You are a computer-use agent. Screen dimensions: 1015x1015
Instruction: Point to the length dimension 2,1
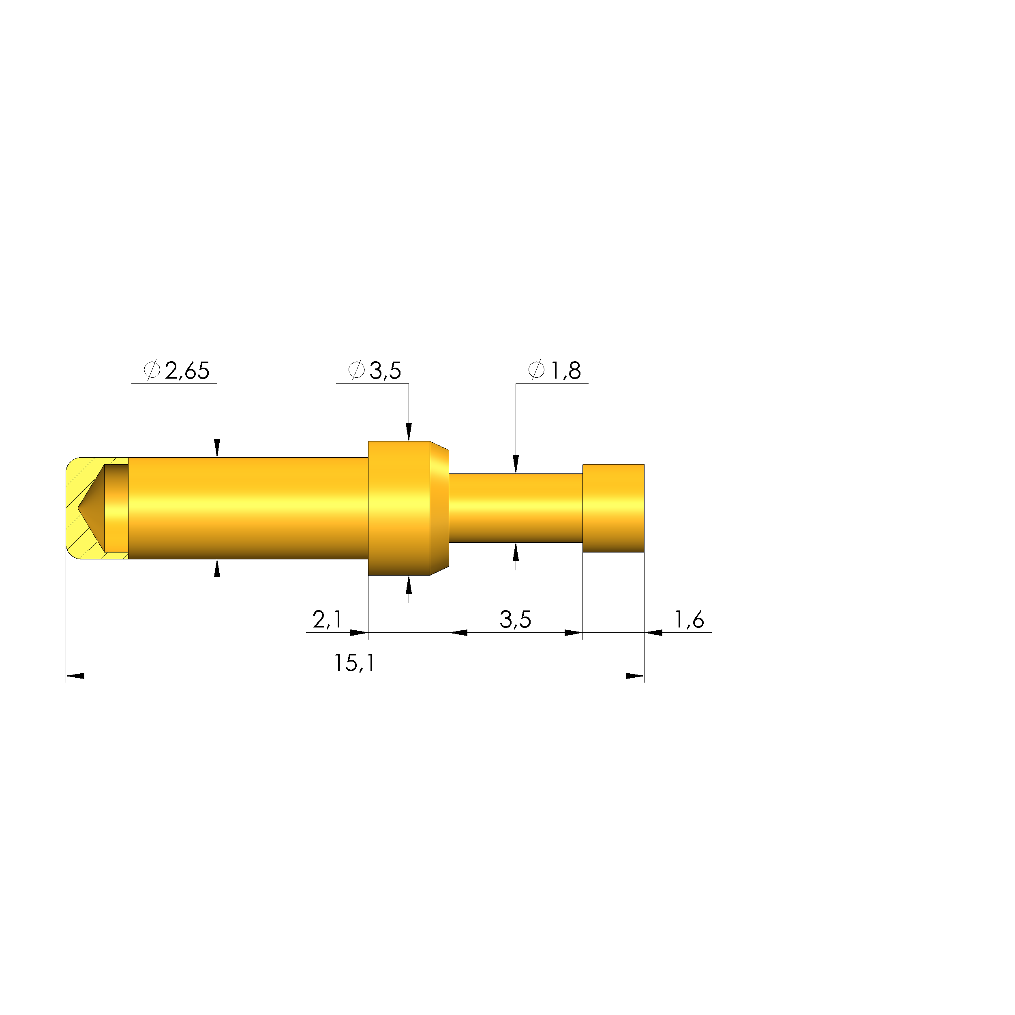pyautogui.click(x=327, y=620)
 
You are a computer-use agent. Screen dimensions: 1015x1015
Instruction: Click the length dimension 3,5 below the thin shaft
pyautogui.click(x=515, y=620)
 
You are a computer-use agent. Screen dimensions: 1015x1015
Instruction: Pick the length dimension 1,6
pyautogui.click(x=689, y=620)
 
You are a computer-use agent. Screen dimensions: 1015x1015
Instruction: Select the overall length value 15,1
pyautogui.click(x=355, y=663)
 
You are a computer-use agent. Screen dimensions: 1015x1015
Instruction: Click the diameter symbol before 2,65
pyautogui.click(x=152, y=370)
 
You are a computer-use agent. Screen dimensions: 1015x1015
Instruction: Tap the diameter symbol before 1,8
pyautogui.click(x=536, y=370)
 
